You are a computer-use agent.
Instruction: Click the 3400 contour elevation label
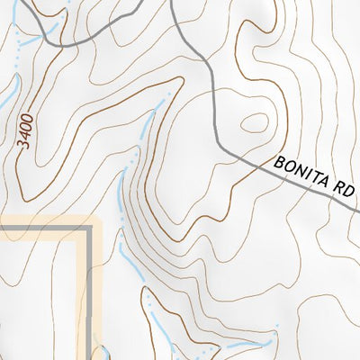coord(30,131)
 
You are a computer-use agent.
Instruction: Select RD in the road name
coord(346,193)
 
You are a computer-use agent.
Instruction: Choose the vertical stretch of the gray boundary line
coord(90,288)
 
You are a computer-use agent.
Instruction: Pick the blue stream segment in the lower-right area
coord(243,345)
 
